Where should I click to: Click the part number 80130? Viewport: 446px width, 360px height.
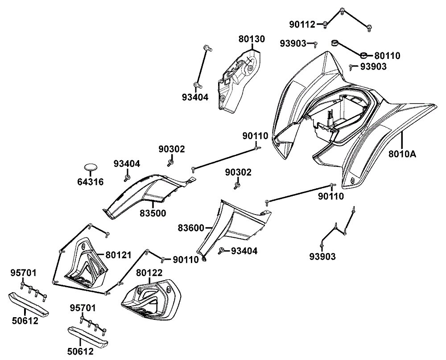(x=251, y=39)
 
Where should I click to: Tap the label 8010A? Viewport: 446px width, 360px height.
(x=402, y=155)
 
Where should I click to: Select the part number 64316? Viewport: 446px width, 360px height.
(x=91, y=182)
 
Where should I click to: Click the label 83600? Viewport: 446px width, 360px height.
(x=191, y=228)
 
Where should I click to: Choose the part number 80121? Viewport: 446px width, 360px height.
(x=119, y=255)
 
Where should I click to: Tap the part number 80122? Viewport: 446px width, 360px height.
(x=149, y=273)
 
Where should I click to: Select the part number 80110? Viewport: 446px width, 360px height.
(x=387, y=56)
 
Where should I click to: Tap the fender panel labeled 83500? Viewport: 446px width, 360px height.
(x=143, y=192)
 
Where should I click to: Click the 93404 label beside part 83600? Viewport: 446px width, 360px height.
(x=244, y=252)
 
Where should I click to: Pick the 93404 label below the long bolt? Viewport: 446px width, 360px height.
(x=195, y=97)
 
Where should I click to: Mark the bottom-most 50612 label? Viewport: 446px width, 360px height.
(x=81, y=352)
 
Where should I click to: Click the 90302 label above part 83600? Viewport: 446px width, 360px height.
(x=238, y=173)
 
